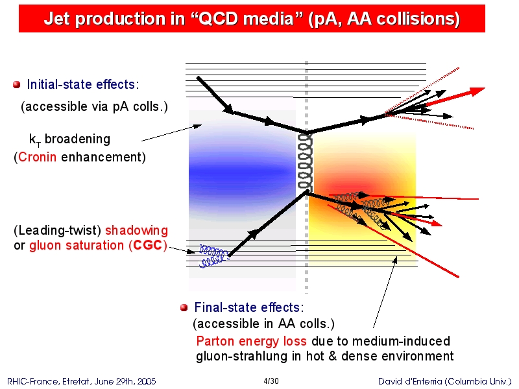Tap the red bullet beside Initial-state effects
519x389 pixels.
coord(17,85)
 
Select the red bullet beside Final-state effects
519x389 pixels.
coord(184,307)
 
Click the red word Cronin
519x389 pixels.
coord(38,157)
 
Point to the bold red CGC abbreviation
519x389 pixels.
coord(148,245)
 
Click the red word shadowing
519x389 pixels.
coord(136,230)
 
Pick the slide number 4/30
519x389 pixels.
coord(271,381)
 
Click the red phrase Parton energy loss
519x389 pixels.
coord(251,341)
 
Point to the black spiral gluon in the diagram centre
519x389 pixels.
coord(305,162)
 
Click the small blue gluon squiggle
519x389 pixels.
coord(213,256)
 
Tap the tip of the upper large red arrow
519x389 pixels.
coord(485,88)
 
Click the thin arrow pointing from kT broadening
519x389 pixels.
coord(171,133)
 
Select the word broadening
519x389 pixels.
coord(77,139)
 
